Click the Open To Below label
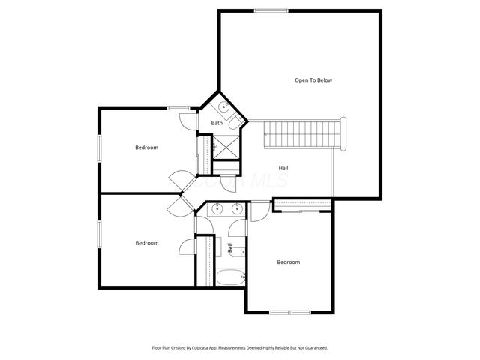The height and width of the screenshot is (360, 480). [x=313, y=80]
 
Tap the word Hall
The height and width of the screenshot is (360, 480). [x=283, y=168]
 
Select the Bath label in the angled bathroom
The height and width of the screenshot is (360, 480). [x=216, y=123]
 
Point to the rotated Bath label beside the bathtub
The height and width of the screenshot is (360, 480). [x=229, y=245]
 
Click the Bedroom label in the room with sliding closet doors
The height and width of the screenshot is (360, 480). [x=288, y=262]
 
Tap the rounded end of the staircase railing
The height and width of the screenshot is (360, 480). [x=343, y=134]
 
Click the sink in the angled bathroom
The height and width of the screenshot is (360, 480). [x=224, y=107]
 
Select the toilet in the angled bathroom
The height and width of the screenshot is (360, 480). [x=235, y=120]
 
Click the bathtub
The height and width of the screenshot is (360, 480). [x=230, y=277]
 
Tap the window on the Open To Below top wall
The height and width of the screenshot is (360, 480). [x=266, y=10]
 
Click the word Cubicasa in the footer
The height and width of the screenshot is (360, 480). [x=199, y=348]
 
